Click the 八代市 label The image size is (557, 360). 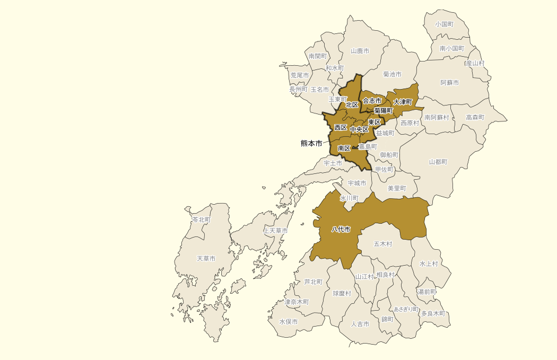pyautogui.click(x=341, y=230)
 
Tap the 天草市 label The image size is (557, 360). pyautogui.click(x=206, y=259)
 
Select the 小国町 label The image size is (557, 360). pyautogui.click(x=444, y=24)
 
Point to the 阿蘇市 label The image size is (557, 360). pyautogui.click(x=449, y=83)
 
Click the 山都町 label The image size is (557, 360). pyautogui.click(x=438, y=162)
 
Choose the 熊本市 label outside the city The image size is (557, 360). pyautogui.click(x=311, y=143)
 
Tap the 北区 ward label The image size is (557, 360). pyautogui.click(x=352, y=105)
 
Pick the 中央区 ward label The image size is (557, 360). pyautogui.click(x=359, y=129)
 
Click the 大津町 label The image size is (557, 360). pyautogui.click(x=403, y=101)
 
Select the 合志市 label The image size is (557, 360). pyautogui.click(x=372, y=101)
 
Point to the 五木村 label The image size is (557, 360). pyautogui.click(x=382, y=244)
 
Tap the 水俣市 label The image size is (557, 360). pyautogui.click(x=289, y=322)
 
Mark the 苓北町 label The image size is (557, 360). pyautogui.click(x=201, y=219)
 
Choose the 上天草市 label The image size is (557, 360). pyautogui.click(x=275, y=231)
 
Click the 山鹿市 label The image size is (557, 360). pyautogui.click(x=360, y=51)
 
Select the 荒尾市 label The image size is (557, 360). pyautogui.click(x=299, y=76)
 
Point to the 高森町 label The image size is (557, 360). pyautogui.click(x=475, y=117)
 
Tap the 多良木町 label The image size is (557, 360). pyautogui.click(x=433, y=313)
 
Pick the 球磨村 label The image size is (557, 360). pyautogui.click(x=342, y=293)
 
